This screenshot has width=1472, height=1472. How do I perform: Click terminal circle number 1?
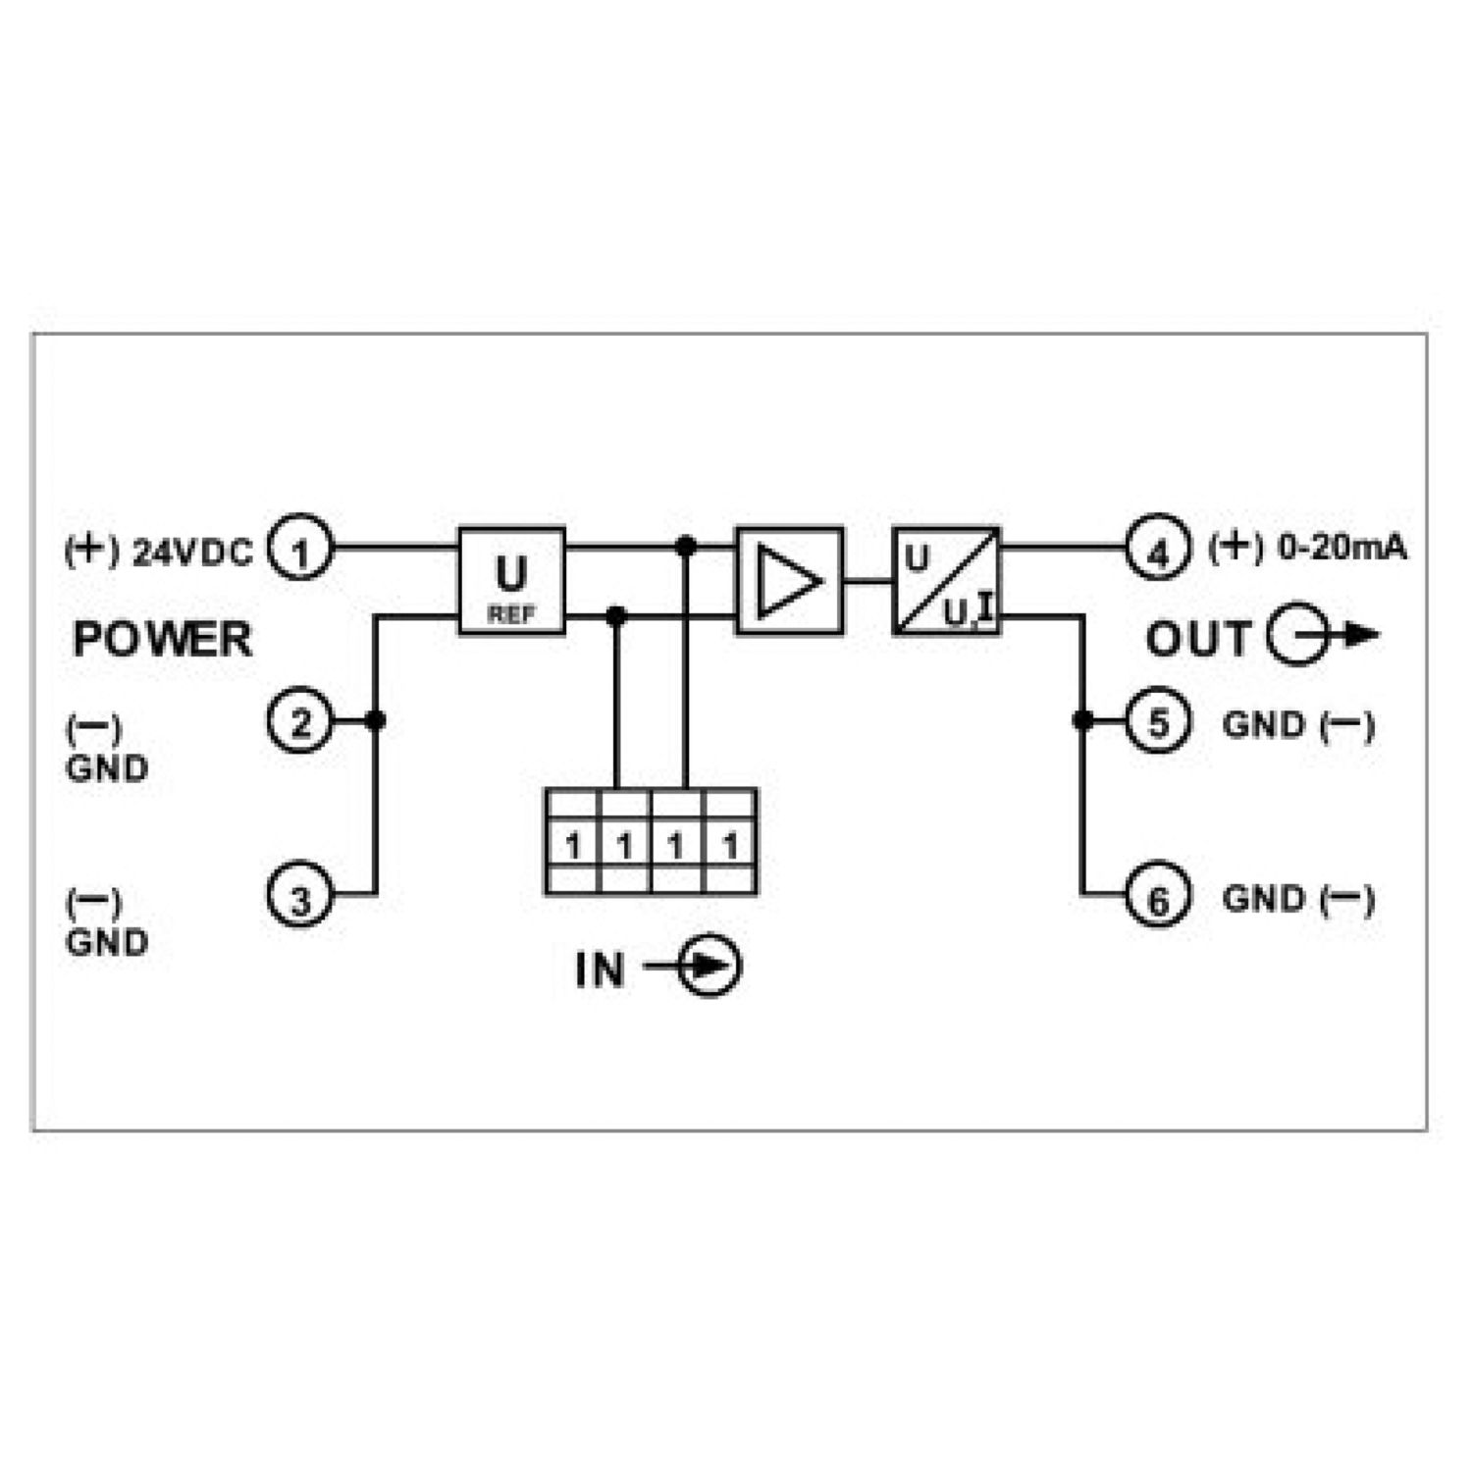click(301, 549)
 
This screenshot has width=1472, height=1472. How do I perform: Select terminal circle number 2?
click(301, 721)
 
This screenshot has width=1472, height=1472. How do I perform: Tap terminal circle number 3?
click(301, 895)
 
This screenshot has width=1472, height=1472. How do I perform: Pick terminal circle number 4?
click(1158, 549)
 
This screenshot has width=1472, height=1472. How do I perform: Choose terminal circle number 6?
click(1158, 895)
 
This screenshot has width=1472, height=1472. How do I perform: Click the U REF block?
click(512, 581)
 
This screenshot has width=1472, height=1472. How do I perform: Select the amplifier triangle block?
click(790, 581)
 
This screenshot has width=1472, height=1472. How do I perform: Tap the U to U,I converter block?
click(947, 581)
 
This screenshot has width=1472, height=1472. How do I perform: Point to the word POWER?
click(163, 640)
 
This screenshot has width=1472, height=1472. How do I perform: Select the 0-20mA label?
click(1343, 548)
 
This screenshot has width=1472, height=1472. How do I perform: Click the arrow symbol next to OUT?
click(1323, 637)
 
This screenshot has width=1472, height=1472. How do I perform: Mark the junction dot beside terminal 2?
click(374, 721)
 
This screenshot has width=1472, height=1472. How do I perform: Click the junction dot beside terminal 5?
click(1082, 721)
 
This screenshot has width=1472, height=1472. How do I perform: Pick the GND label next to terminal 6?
click(1264, 899)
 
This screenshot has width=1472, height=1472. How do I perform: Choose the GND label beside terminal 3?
click(107, 942)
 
